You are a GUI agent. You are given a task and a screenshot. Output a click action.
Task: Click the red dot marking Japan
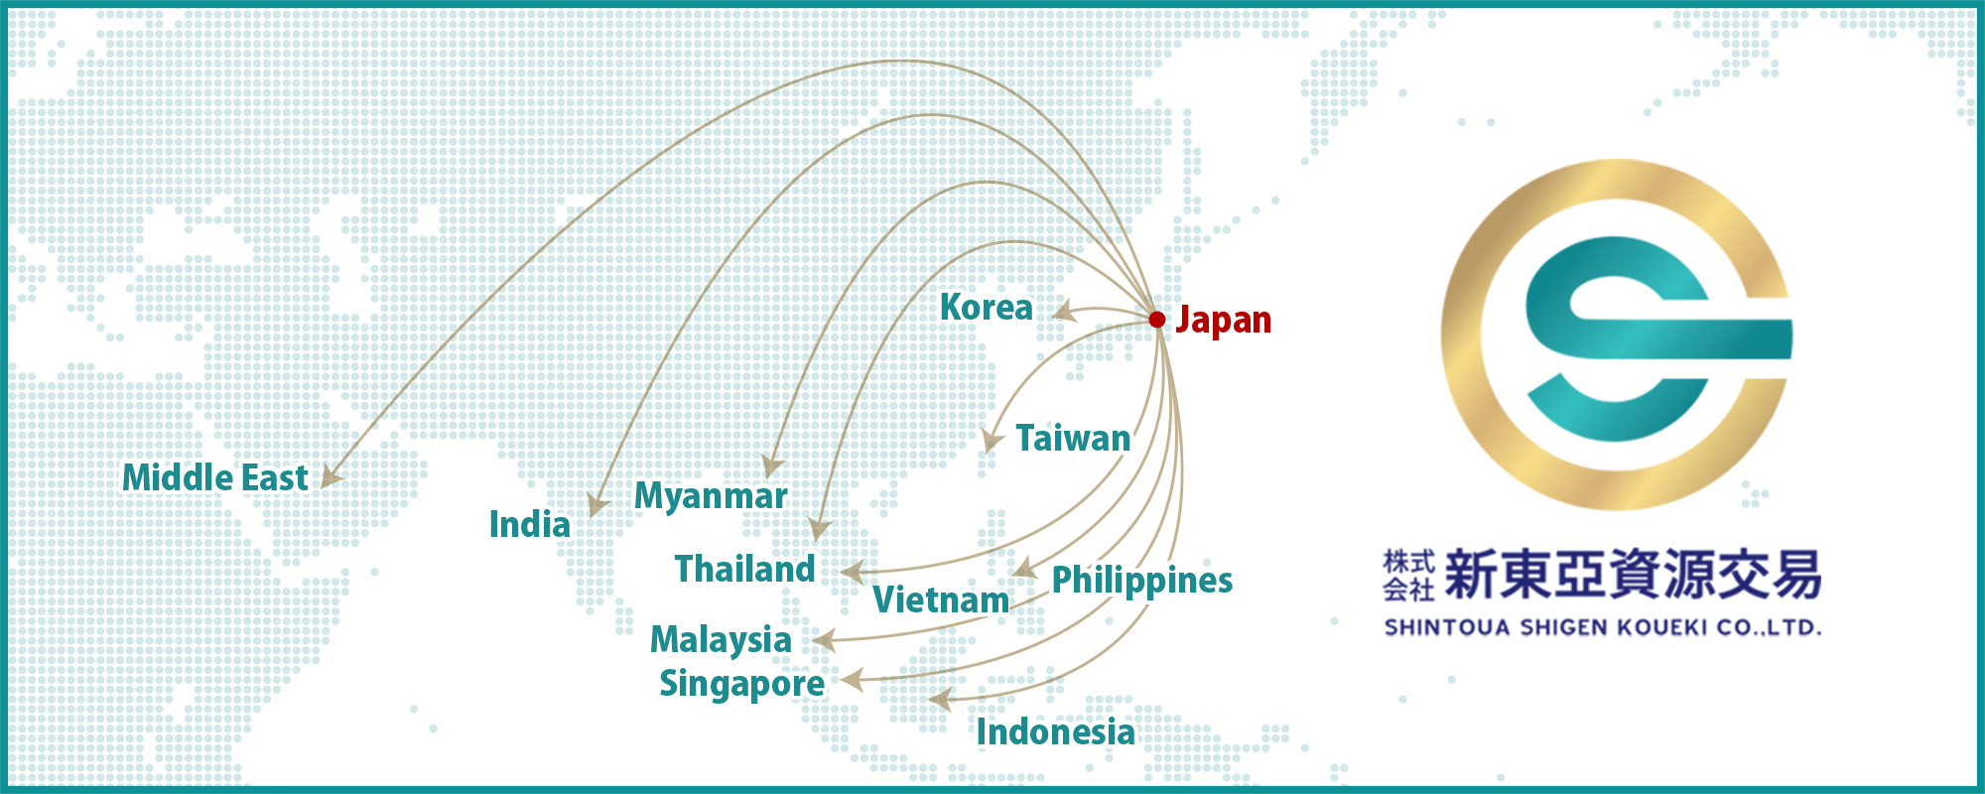[x=1156, y=320]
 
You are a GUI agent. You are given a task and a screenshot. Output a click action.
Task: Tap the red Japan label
[x=1223, y=321]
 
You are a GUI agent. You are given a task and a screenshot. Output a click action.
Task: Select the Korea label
[x=986, y=308]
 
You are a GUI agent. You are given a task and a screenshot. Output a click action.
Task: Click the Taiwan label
[x=1073, y=439]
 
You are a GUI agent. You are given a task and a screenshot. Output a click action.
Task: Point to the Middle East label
[x=214, y=478]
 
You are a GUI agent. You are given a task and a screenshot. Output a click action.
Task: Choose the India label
[x=529, y=525]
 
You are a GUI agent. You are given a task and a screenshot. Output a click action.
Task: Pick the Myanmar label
[x=711, y=495]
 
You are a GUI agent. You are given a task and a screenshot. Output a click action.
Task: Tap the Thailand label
[x=744, y=570]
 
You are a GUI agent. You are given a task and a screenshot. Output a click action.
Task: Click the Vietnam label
[x=940, y=600]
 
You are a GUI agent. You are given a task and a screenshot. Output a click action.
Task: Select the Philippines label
[x=1141, y=581]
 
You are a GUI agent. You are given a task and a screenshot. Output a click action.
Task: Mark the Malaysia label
[x=721, y=640]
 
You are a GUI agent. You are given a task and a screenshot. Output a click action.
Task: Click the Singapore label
[x=741, y=684]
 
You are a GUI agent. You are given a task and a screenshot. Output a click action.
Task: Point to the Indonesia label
[x=1055, y=732]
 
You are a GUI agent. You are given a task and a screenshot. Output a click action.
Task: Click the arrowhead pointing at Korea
[x=1063, y=312]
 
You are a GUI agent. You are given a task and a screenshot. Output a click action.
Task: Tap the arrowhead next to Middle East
[x=330, y=477]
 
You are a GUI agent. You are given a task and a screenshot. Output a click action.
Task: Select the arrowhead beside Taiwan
[x=992, y=440]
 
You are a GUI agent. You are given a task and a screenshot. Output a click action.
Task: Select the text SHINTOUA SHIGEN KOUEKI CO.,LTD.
[x=1602, y=627]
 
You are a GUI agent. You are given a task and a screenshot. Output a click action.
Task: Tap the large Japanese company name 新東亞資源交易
[x=1633, y=575]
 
